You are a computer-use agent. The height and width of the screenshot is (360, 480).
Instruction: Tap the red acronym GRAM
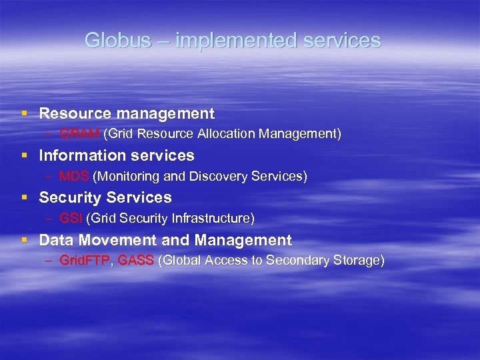pos(79,134)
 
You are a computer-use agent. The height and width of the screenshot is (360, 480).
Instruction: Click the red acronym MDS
pos(74,177)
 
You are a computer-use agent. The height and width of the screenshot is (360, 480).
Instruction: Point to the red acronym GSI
pos(71,218)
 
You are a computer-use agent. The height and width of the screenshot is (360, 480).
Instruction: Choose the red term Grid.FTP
pos(84,261)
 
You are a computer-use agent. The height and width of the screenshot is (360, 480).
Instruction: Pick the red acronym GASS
pos(135,261)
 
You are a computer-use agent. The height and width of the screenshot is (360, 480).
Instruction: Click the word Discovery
pos(215,177)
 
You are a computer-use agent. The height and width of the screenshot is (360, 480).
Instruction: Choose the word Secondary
pos(297,261)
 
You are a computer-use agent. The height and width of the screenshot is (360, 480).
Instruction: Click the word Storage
pos(357,261)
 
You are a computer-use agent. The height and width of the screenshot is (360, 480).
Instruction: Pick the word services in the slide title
pos(342,41)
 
